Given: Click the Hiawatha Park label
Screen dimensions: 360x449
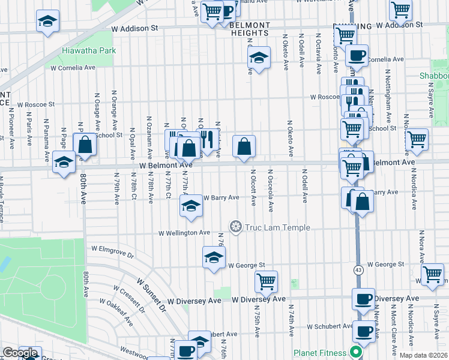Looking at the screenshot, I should point(89,51).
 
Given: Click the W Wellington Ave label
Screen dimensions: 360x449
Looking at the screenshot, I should point(184,233).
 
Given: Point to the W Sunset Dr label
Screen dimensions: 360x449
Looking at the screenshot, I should point(151,294).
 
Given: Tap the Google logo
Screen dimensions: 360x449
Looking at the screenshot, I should point(20,353).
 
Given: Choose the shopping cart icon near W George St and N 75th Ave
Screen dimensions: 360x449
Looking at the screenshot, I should point(265,280).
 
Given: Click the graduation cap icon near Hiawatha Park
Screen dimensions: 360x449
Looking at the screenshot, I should point(47,22).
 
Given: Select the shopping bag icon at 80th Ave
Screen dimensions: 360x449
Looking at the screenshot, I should point(85,144).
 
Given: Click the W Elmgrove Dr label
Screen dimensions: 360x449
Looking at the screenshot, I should point(112,251).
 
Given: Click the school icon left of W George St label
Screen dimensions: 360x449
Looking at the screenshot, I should point(214,257).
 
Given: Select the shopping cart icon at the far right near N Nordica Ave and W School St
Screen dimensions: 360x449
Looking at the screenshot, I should point(417,139).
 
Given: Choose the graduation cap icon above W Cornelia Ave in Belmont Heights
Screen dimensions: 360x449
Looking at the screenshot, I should point(259,58).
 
